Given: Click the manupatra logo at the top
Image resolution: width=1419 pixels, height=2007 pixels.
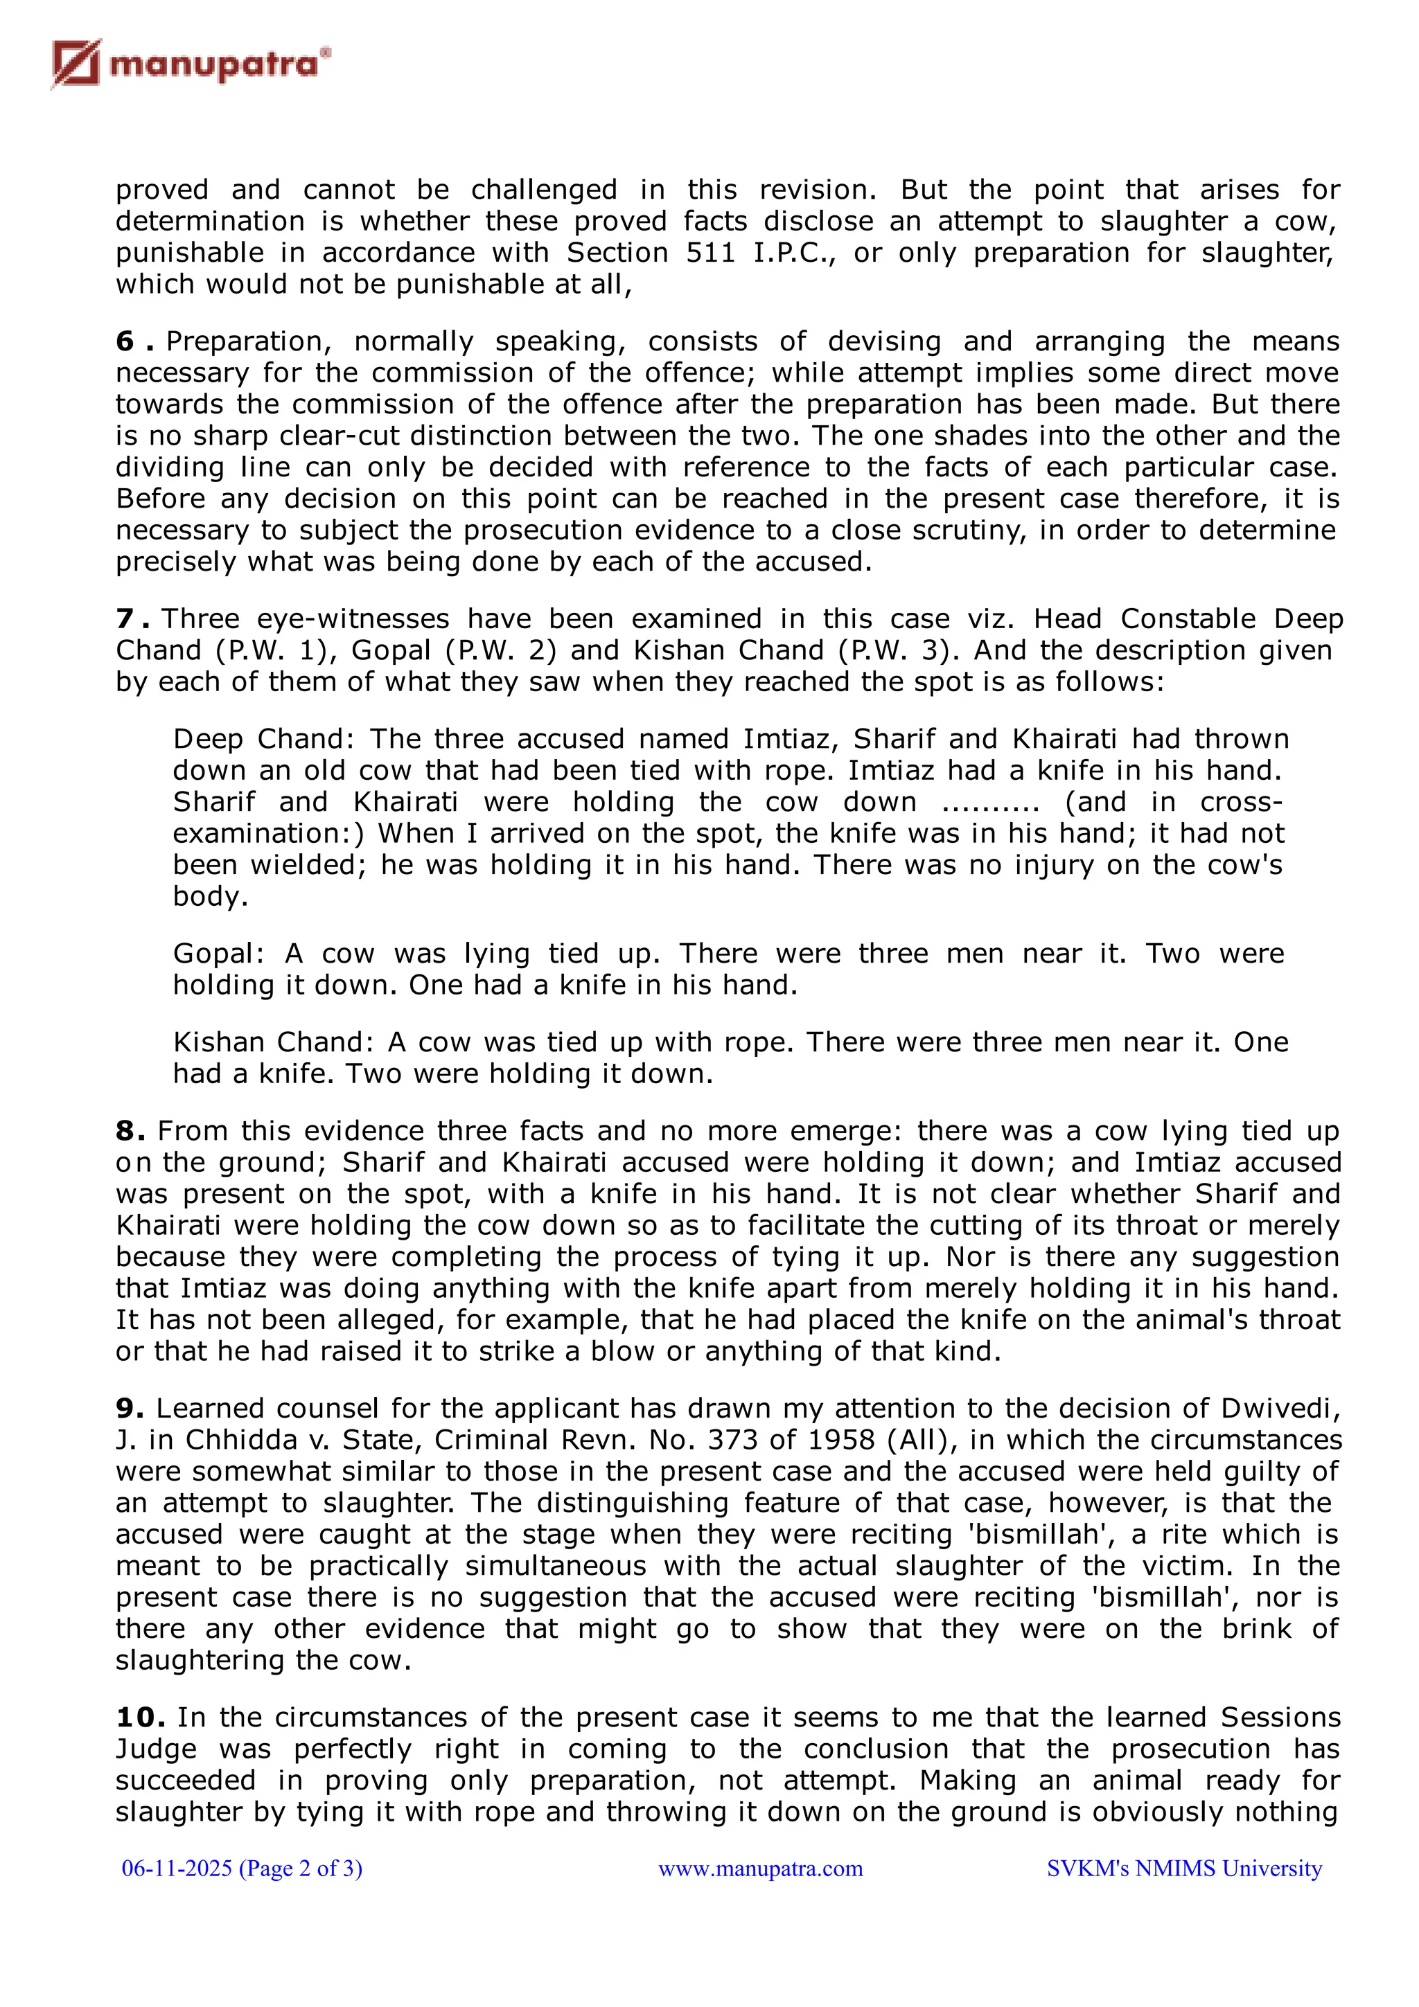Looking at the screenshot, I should (x=191, y=64).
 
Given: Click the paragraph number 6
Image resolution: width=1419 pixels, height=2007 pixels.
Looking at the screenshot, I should (x=125, y=342).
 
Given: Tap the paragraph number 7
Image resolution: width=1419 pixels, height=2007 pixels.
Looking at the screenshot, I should (x=125, y=619).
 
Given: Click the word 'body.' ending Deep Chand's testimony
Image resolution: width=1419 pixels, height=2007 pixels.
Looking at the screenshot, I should (x=211, y=897).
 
